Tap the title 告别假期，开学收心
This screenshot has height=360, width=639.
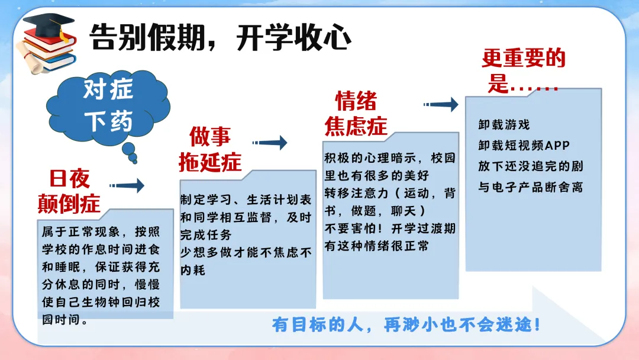click(220, 37)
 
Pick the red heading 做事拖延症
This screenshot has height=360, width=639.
click(210, 149)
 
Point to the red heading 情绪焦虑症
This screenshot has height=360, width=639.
click(356, 113)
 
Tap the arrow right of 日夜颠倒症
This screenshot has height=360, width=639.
click(127, 185)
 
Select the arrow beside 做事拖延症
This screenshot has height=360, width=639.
click(270, 142)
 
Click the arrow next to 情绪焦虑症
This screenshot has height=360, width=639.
click(441, 104)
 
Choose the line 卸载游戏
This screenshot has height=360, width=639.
click(504, 125)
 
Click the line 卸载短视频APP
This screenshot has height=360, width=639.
click(524, 146)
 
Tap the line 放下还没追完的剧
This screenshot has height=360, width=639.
click(531, 166)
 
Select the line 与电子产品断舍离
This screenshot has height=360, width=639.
click(531, 187)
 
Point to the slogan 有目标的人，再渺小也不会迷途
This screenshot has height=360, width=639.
click(406, 325)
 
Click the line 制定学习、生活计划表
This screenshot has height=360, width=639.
click(246, 200)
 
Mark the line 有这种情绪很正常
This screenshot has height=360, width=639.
click(376, 246)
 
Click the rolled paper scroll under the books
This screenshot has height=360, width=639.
click(33, 59)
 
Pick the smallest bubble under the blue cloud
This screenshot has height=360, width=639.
click(134, 162)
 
